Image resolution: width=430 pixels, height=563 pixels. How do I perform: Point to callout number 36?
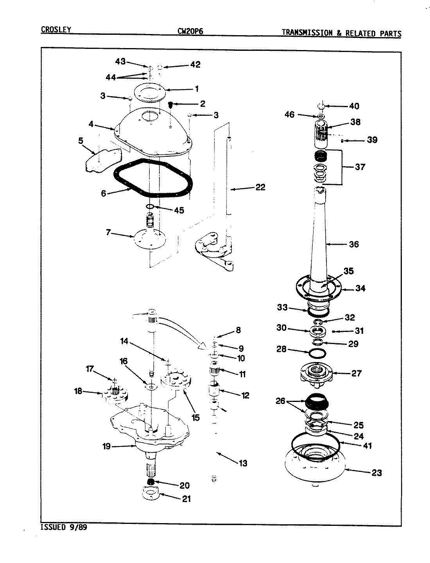pos(354,244)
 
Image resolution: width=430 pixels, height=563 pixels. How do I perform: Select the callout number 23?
pos(376,473)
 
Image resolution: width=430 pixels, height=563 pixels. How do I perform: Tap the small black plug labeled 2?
pos(171,104)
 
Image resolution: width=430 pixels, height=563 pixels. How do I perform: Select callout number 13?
pos(243,464)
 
